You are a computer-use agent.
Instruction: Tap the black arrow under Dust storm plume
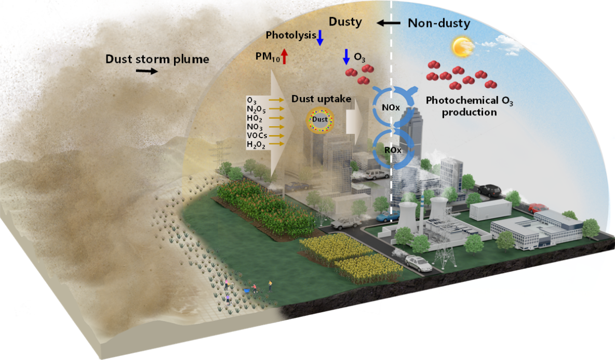pos(147,72)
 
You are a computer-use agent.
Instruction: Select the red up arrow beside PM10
pos(284,55)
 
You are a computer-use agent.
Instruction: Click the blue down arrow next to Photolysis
pos(320,36)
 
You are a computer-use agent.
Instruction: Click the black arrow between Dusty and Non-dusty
pos(389,23)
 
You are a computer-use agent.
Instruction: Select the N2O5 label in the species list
pos(257,109)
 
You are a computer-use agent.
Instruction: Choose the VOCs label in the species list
pos(257,136)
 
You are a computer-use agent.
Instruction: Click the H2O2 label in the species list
pos(257,145)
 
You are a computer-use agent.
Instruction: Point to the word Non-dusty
pos(438,23)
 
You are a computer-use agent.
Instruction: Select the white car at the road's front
pos(419,264)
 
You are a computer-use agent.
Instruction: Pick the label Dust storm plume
pos(157,59)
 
